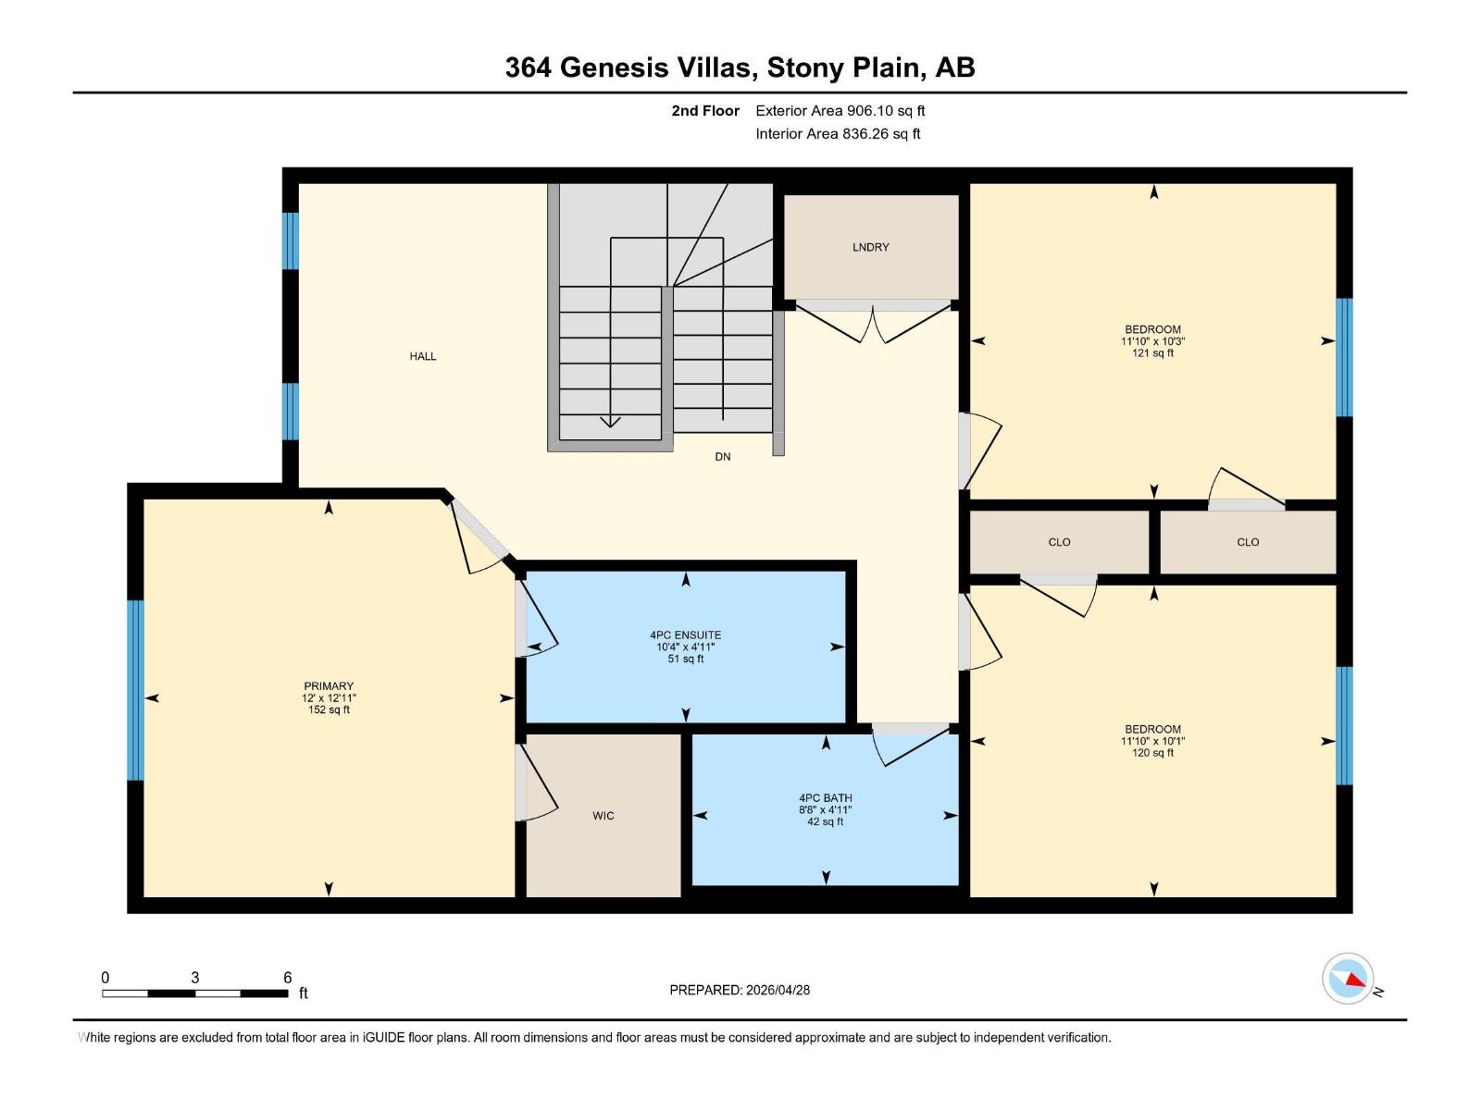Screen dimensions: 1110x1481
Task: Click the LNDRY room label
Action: click(x=870, y=247)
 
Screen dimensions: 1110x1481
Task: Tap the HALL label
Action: click(x=423, y=356)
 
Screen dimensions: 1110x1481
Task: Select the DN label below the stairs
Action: click(x=723, y=457)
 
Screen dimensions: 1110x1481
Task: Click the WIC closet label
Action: click(x=604, y=816)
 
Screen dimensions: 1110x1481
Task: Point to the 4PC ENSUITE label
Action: click(x=685, y=635)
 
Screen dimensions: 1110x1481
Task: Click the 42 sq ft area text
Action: click(x=825, y=821)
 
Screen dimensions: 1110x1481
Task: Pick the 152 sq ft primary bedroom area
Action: click(x=329, y=710)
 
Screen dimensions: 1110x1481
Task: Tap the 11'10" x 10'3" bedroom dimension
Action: click(x=1152, y=341)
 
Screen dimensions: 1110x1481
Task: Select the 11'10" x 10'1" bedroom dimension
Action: click(x=1152, y=741)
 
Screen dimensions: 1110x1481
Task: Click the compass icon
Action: click(x=1348, y=979)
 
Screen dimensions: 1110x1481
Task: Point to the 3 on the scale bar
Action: click(x=194, y=978)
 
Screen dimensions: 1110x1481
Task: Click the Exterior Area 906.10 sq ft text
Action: click(x=840, y=111)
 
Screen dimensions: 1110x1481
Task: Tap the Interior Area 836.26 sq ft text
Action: click(x=838, y=134)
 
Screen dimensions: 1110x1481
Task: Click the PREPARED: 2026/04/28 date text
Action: click(x=740, y=990)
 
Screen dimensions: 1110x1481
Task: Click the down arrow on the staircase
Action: click(x=610, y=422)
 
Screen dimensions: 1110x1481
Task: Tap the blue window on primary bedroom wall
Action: click(x=136, y=689)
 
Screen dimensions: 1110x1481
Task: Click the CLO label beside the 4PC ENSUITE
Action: click(x=1059, y=542)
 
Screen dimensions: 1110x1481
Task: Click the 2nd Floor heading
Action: click(x=705, y=111)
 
